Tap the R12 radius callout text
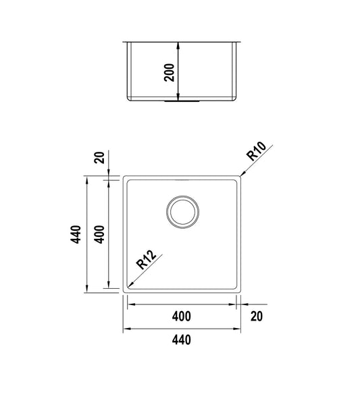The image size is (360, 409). click(146, 261)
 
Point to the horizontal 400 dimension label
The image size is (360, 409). click(181, 316)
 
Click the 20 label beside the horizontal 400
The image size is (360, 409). click(257, 316)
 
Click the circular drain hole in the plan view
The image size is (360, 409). click(182, 211)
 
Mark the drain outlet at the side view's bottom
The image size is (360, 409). click(177, 101)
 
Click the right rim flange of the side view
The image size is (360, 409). click(238, 43)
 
